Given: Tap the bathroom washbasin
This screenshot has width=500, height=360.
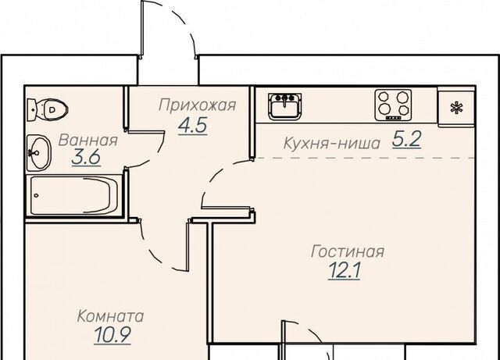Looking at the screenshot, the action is [x=38, y=153].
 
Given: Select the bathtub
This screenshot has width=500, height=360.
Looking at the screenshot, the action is [x=74, y=194].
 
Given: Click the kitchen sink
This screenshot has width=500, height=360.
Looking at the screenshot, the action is [x=284, y=106].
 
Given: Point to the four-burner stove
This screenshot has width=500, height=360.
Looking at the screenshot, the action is [x=393, y=105].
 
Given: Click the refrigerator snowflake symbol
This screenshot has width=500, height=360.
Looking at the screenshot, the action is [x=456, y=108].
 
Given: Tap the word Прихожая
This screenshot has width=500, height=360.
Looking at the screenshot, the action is [x=198, y=105].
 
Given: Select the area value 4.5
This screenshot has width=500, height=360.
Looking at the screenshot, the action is [x=193, y=125].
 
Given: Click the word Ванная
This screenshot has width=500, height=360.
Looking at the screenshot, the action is [x=88, y=141].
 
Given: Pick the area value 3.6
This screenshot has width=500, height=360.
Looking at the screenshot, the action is [x=86, y=157].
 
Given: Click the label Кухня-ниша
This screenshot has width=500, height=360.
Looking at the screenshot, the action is [x=331, y=144].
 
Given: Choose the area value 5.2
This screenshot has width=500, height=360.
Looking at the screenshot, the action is [x=406, y=139].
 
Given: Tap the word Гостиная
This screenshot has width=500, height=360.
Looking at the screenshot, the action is [x=348, y=251].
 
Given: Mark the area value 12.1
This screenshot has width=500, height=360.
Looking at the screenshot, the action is [x=345, y=271].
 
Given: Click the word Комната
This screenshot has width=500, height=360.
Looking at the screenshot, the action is [x=110, y=316].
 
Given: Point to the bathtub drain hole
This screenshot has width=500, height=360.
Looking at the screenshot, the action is [x=37, y=195].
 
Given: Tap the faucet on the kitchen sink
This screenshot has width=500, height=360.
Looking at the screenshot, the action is [x=284, y=99].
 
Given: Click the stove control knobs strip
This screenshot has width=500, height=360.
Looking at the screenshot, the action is [x=393, y=118].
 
